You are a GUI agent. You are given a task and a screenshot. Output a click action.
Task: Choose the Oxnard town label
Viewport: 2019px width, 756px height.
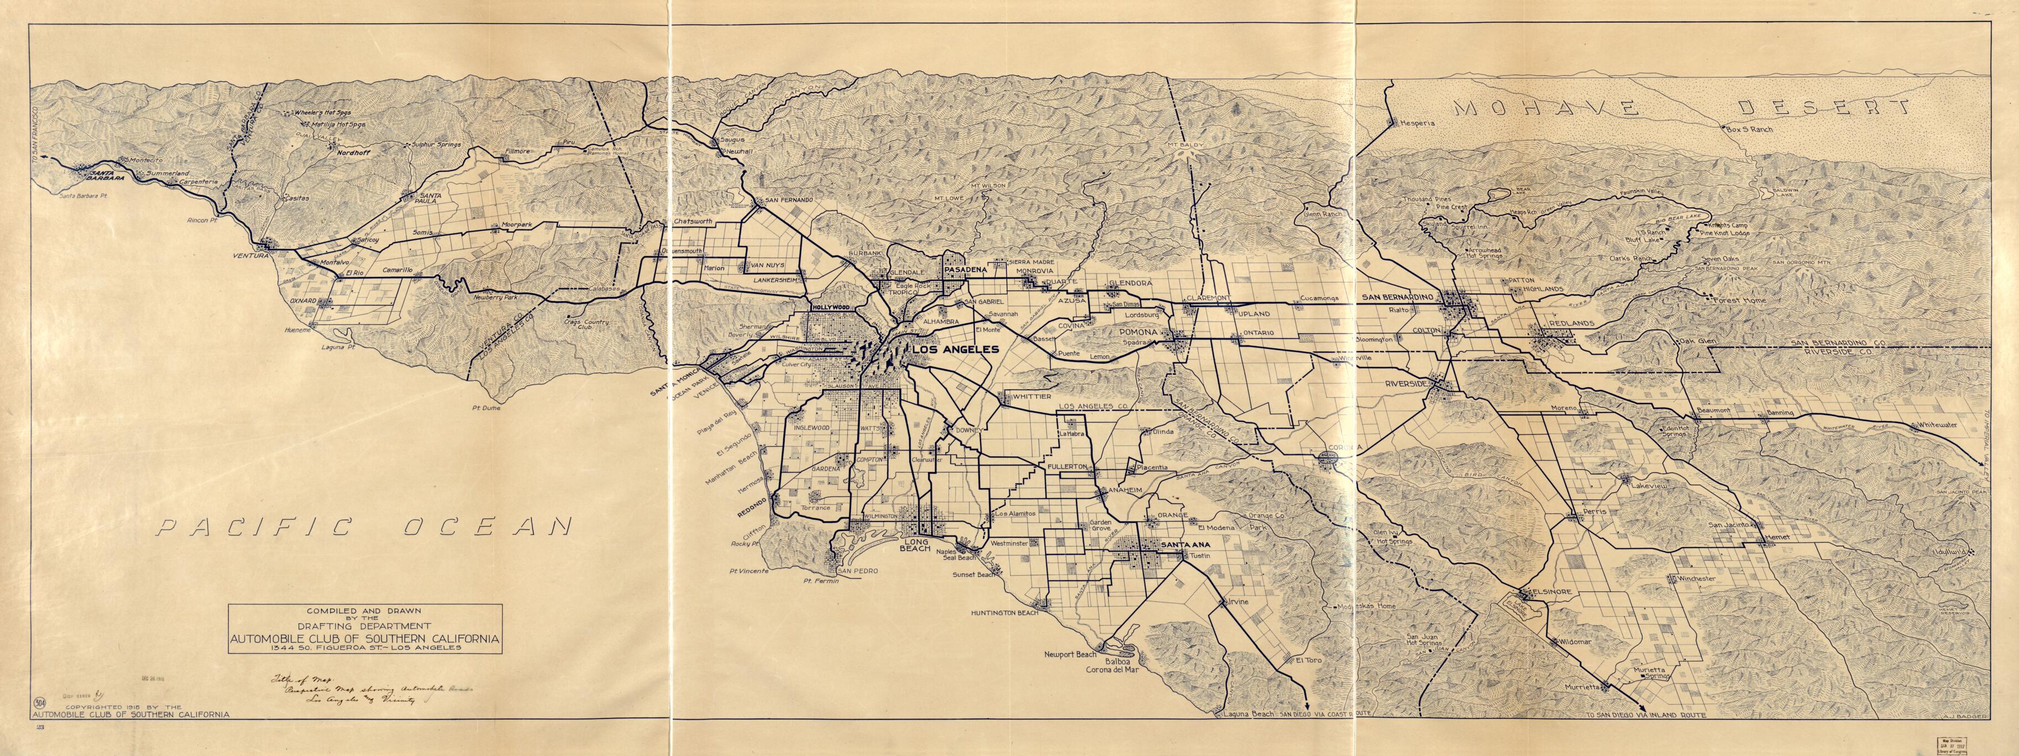pos(302,301)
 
